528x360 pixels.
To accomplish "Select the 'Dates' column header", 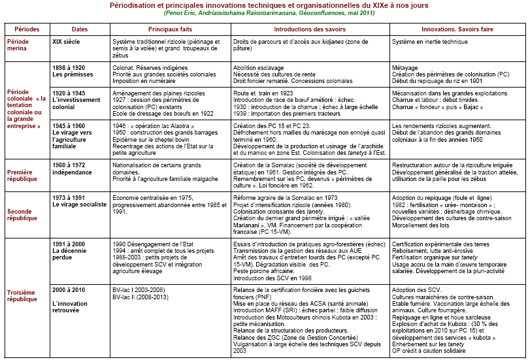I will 80,29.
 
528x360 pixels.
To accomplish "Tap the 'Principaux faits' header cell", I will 171,29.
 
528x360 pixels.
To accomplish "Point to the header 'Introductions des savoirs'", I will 310,29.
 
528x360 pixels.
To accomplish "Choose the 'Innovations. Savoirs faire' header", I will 456,29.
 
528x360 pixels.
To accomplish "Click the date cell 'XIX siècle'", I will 67,41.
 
